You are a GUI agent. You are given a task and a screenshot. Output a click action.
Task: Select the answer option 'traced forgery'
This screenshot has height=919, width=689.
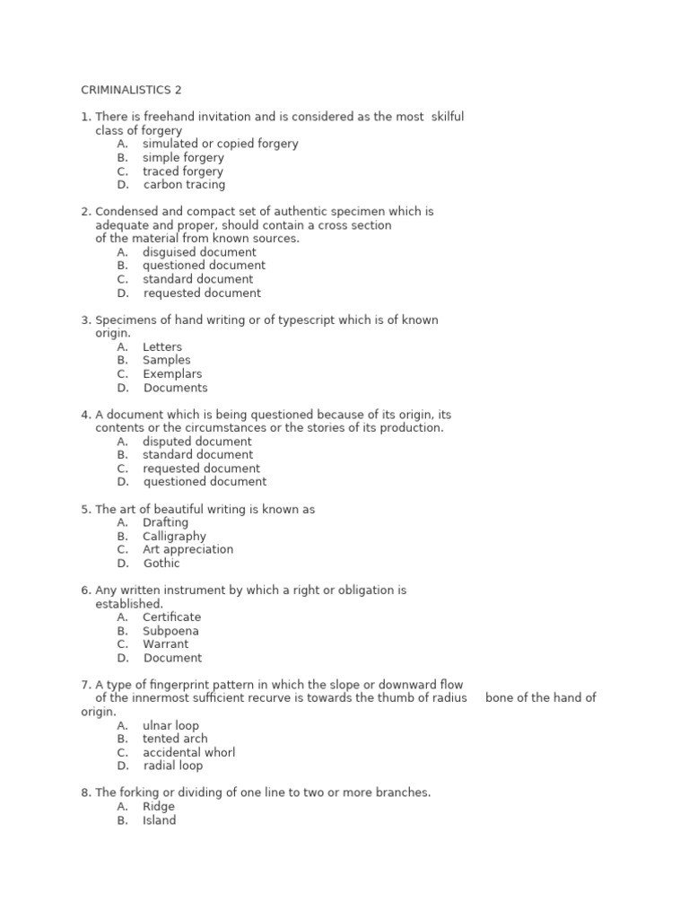(x=182, y=171)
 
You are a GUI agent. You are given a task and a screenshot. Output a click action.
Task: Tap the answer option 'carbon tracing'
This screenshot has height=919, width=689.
(x=184, y=185)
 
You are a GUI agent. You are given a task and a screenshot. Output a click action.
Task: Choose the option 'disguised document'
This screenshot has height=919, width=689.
(x=199, y=252)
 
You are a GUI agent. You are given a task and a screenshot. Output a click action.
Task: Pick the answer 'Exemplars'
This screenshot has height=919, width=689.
(x=172, y=374)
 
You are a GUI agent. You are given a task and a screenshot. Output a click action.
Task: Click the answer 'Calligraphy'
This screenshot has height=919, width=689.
(x=174, y=537)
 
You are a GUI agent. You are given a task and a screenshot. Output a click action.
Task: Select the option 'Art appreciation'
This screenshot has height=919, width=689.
(x=188, y=550)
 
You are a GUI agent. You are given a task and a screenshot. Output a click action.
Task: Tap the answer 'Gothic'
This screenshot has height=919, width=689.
(x=161, y=564)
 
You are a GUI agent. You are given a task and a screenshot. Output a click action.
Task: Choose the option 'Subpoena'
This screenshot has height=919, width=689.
(x=170, y=631)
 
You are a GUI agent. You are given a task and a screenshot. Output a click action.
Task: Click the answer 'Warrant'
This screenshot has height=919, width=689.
(x=165, y=644)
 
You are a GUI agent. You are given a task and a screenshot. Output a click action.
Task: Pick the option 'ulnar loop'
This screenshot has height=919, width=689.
(x=170, y=725)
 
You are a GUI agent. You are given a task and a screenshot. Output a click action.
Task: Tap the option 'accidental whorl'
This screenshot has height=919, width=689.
(x=188, y=752)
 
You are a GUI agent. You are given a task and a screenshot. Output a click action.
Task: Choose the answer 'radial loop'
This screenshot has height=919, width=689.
(x=173, y=766)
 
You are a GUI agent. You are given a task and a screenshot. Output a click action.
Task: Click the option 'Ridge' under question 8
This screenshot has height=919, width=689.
(x=159, y=807)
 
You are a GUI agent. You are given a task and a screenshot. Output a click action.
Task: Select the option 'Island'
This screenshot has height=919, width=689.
(x=159, y=820)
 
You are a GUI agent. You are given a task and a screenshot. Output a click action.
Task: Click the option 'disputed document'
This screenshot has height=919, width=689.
(x=196, y=442)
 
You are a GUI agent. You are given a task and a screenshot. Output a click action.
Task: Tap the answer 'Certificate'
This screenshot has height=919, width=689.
(x=171, y=617)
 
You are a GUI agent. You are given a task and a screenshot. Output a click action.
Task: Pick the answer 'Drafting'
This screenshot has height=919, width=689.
(x=165, y=522)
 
